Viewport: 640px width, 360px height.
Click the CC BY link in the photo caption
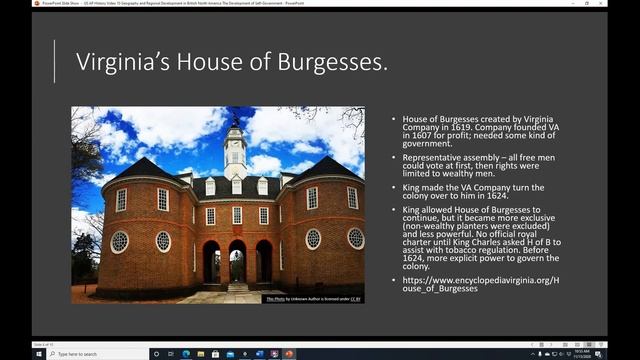click(357, 298)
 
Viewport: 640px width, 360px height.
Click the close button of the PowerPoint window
click(632, 5)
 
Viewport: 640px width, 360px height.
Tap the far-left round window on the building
click(119, 241)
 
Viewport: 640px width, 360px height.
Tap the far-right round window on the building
click(355, 238)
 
